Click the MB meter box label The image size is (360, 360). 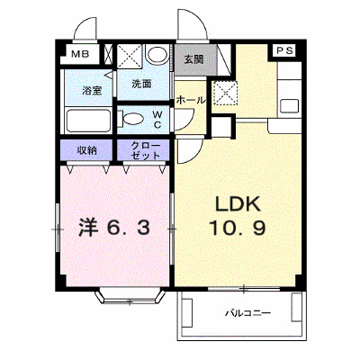[80, 54]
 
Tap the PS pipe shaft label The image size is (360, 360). [284, 50]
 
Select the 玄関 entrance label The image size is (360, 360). [193, 59]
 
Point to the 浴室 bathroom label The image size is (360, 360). [92, 90]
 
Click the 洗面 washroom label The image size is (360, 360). [141, 84]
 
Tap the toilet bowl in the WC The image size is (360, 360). [131, 119]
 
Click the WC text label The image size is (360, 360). [157, 120]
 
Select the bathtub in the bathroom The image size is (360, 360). [88, 121]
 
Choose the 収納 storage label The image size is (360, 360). [87, 150]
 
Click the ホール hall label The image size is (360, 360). [191, 100]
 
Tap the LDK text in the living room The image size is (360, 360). [238, 204]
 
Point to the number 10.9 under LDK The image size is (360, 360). [238, 228]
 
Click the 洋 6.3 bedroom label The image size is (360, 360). [114, 229]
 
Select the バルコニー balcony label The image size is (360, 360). [248, 313]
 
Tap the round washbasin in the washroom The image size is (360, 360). [157, 54]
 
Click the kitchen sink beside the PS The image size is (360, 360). [289, 106]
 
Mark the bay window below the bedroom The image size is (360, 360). [130, 296]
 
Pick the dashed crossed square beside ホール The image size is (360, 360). [225, 93]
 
